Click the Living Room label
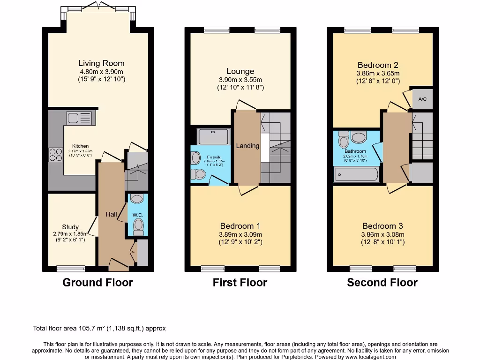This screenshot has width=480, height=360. pos(101,63)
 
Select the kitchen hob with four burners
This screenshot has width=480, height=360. pos(56,155)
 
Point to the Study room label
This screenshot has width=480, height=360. pos(70,227)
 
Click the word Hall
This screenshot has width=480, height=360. pos(111,214)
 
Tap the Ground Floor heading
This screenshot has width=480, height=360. pos(97,282)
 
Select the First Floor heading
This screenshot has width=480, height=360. pos(240,282)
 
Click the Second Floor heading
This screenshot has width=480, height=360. pos(382,282)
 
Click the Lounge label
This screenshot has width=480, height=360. pos(240,71)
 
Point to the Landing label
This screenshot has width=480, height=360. pos(247,146)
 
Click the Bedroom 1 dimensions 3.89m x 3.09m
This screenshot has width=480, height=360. pos(240,234)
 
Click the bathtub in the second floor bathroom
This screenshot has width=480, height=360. pos(356,174)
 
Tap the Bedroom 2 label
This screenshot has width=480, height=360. pos(377,65)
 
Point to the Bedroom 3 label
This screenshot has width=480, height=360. pos(382,226)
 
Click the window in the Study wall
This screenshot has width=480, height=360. pos(71,269)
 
